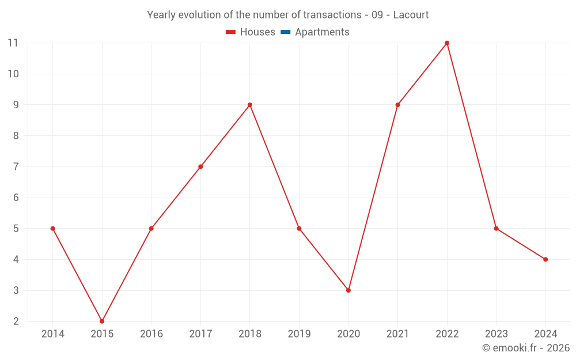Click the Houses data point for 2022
point(447,43)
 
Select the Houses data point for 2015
point(102,321)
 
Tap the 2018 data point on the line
point(249,105)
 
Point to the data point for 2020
point(348,290)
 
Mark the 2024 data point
point(545,259)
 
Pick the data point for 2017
point(200,166)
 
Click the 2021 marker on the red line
point(397,105)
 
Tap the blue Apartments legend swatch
point(285,32)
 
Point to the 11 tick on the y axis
point(13,43)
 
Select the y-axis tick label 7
point(16,166)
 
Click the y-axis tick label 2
point(16,321)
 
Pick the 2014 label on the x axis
point(53,334)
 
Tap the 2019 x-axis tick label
point(299,334)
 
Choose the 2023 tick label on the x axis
point(496,334)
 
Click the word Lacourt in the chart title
point(411,15)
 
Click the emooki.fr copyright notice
point(526,348)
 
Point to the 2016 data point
point(151,229)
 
